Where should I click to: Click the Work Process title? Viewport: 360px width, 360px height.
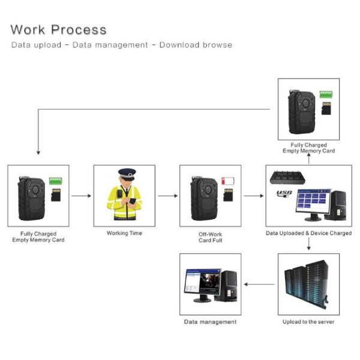58,29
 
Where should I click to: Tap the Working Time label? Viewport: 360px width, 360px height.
124,233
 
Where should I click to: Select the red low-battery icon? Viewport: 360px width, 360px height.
229,181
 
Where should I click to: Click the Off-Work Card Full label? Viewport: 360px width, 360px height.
210,236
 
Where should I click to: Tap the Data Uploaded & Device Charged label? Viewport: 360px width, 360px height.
308,233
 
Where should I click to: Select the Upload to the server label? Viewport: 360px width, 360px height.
308,322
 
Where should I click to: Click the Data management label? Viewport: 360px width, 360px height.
210,322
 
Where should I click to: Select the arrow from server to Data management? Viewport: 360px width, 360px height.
259,284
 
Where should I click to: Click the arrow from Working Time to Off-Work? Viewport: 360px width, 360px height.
167,196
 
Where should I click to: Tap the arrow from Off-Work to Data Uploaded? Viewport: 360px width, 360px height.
253,196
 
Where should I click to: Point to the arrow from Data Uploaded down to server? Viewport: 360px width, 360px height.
308,244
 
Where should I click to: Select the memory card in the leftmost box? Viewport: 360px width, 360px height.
56,196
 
